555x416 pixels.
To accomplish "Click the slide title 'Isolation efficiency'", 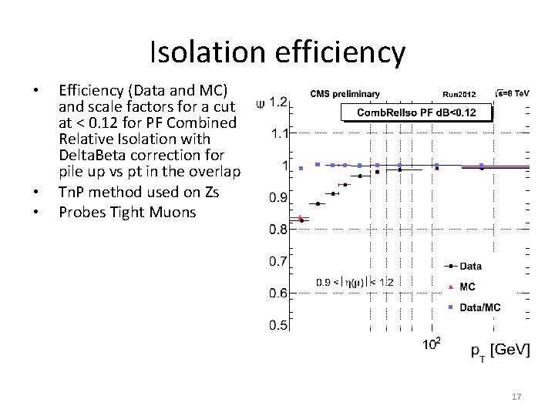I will [277, 52].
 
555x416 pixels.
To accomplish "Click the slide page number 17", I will [516, 397].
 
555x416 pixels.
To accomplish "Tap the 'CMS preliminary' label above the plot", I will [345, 94].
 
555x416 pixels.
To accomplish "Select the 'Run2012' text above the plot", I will [460, 95].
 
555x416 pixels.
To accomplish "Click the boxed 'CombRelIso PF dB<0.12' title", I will [416, 113].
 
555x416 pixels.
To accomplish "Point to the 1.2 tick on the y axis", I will [278, 102].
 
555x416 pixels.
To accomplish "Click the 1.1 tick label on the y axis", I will [278, 133].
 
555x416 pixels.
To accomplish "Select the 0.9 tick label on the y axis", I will [278, 197].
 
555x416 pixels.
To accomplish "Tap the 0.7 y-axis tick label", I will [278, 261].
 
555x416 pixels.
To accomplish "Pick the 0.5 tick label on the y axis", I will [278, 325].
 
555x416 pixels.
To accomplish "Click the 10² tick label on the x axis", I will [432, 344].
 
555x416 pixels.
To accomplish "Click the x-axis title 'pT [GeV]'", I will [500, 351].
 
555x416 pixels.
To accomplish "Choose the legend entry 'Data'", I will [470, 267].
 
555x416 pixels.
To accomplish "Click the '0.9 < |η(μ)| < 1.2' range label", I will [355, 283].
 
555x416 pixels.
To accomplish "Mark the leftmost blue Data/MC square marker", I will [301, 168].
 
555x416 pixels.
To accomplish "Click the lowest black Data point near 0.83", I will [301, 220].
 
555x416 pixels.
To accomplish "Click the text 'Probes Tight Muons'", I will [127, 211].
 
